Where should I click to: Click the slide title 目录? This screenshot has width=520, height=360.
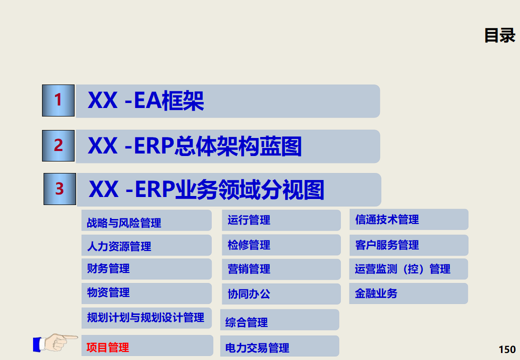(x=499, y=35)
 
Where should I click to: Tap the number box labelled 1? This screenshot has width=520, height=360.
(x=58, y=100)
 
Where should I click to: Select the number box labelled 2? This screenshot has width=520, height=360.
(x=58, y=145)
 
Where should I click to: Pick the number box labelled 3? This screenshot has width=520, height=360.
(x=60, y=189)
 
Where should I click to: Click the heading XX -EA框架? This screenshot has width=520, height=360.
(x=146, y=101)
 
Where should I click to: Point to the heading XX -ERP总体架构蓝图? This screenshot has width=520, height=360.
(x=195, y=146)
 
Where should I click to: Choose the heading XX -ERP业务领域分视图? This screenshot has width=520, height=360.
(x=206, y=190)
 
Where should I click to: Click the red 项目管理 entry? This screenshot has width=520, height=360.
(x=108, y=347)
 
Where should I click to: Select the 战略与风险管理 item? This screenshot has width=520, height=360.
(x=124, y=222)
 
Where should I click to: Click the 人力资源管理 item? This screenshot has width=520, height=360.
(x=119, y=246)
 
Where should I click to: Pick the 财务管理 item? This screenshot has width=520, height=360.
(x=108, y=268)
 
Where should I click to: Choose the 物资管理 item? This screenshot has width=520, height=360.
(x=108, y=292)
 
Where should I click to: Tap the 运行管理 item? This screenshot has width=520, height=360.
(x=249, y=220)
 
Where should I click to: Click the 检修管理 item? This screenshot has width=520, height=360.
(x=249, y=245)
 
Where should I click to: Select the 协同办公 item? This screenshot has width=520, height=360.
(x=249, y=294)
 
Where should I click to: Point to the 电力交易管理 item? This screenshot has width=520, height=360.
(x=257, y=347)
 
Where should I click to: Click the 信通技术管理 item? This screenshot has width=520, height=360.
(x=387, y=219)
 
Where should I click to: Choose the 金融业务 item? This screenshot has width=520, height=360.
(x=376, y=293)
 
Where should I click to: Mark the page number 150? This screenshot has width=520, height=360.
(x=507, y=349)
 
